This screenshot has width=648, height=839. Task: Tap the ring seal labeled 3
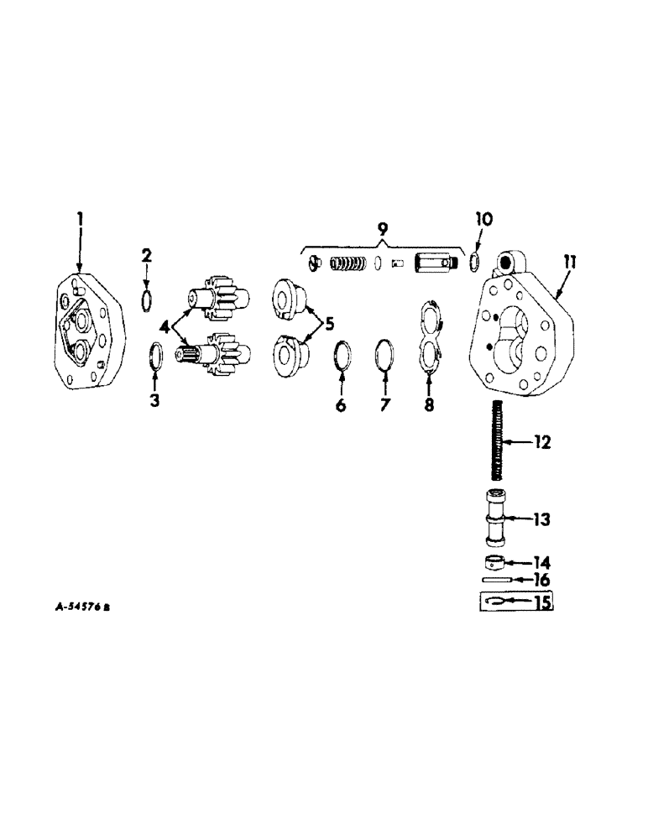(156, 354)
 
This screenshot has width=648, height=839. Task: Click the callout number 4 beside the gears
(164, 325)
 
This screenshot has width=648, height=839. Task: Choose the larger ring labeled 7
(384, 353)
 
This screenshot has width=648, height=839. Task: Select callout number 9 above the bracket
(382, 229)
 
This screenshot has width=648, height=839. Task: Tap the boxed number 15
(542, 602)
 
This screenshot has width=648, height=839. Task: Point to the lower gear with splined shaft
(210, 356)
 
